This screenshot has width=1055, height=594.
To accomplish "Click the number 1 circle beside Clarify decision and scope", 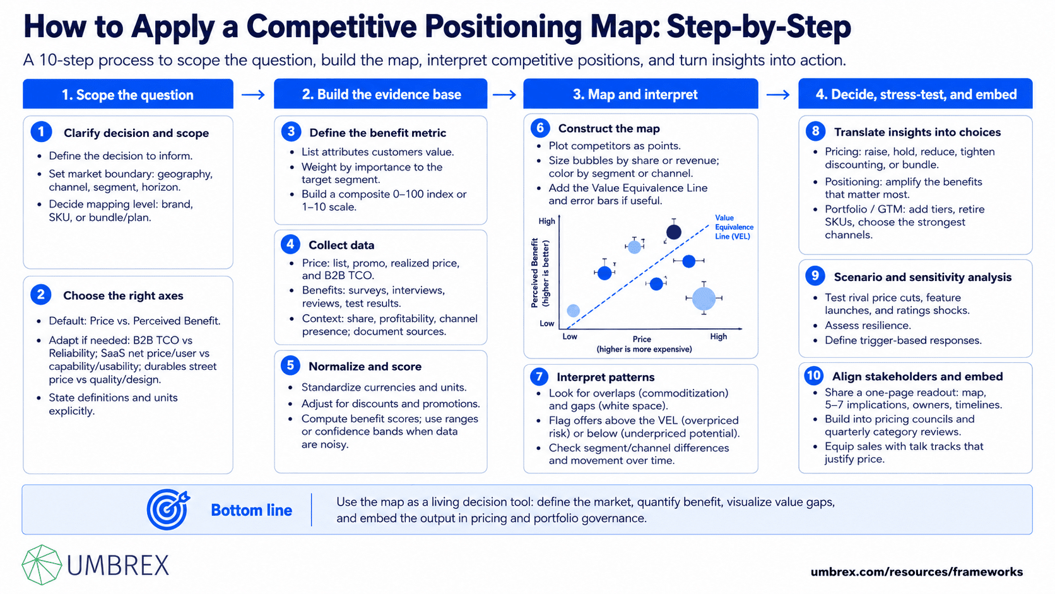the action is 41,132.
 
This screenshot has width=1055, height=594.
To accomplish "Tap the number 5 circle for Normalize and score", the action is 290,365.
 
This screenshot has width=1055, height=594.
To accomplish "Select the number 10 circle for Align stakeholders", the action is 814,376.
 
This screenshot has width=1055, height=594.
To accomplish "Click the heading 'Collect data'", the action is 341,245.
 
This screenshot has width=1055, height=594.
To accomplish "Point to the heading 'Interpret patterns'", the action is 605,377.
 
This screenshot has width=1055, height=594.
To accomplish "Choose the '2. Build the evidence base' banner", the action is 380,94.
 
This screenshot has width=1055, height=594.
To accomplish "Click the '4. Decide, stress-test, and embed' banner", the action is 915,94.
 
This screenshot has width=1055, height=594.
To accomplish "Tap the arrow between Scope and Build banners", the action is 254,95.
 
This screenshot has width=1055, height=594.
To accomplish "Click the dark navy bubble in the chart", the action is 673,232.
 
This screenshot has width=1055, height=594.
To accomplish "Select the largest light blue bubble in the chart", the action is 704,298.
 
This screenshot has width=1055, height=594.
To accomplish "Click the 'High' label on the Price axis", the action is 718,336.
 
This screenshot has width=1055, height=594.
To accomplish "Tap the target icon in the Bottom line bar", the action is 168,509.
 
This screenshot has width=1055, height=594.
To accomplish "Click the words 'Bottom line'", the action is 251,510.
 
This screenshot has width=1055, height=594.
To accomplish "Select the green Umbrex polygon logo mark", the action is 42,565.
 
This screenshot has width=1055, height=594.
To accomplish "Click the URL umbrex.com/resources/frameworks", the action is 917,572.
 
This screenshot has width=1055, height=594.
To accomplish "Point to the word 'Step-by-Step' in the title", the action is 758,27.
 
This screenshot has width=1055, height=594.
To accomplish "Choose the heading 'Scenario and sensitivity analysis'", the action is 922,277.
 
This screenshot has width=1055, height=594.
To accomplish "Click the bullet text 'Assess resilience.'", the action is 868,326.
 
